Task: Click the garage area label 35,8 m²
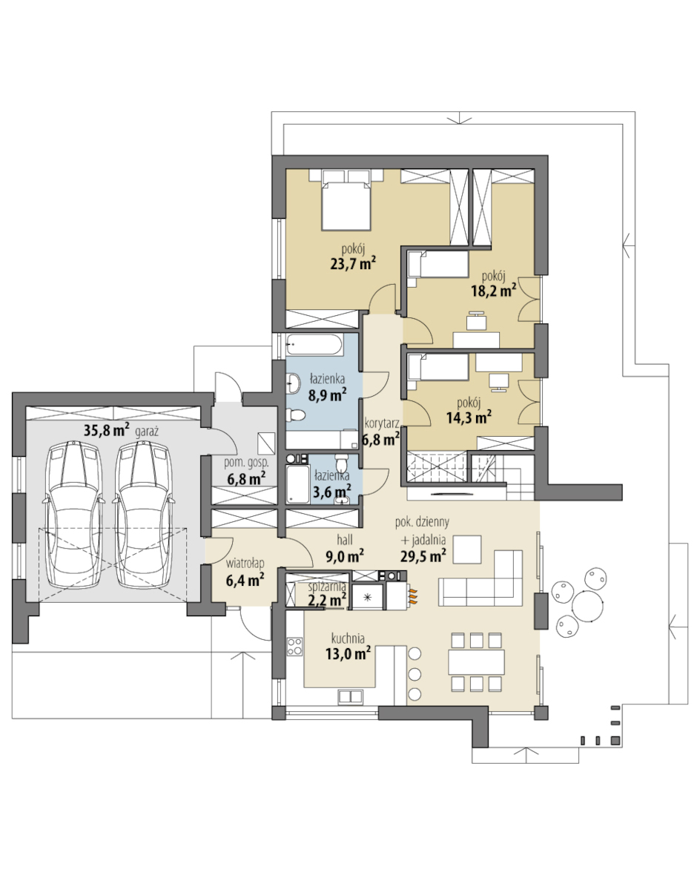pyautogui.click(x=107, y=430)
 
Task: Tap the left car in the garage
pyautogui.click(x=73, y=514)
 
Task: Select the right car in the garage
pyautogui.click(x=142, y=514)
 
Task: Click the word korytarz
pyautogui.click(x=382, y=423)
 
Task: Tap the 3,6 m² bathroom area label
pyautogui.click(x=332, y=492)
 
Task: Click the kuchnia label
pyautogui.click(x=348, y=638)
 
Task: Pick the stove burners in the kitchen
pyautogui.click(x=294, y=647)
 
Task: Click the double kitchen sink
pyautogui.click(x=351, y=696)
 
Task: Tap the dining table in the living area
pyautogui.click(x=476, y=662)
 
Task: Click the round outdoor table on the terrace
pyautogui.click(x=588, y=604)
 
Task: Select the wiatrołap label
pyautogui.click(x=245, y=563)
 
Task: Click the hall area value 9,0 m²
pyautogui.click(x=345, y=556)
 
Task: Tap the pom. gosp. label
pyautogui.click(x=246, y=463)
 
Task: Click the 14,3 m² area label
pyautogui.click(x=469, y=417)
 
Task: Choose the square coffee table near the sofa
pyautogui.click(x=467, y=549)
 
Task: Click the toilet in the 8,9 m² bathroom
pyautogui.click(x=294, y=415)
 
